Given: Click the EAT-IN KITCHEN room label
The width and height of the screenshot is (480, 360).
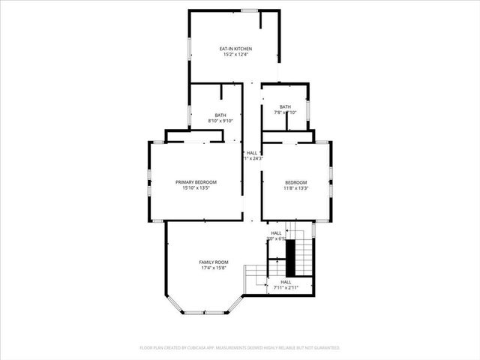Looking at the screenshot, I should (235, 49).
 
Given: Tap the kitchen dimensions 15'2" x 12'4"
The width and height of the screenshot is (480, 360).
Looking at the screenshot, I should (235, 54).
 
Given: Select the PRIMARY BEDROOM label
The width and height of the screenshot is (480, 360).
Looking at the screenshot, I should (196, 182).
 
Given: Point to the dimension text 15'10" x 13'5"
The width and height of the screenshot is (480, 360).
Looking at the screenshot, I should (196, 188).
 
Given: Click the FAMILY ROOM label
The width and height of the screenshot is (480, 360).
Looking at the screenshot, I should (213, 262).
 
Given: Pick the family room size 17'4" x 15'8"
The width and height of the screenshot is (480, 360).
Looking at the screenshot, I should (213, 268).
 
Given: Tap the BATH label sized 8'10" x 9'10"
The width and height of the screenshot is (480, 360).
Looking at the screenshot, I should (220, 115).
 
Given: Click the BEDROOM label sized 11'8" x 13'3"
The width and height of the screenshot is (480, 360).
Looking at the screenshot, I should (295, 182).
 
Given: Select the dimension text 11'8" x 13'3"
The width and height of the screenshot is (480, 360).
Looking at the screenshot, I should (295, 188).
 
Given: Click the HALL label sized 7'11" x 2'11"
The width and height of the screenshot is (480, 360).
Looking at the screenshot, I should (285, 281).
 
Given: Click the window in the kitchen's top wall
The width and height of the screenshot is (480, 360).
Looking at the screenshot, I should (249, 10).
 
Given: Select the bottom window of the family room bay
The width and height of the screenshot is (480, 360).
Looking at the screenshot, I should (204, 313).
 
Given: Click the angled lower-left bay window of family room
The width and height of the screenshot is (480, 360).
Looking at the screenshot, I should (175, 304).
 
